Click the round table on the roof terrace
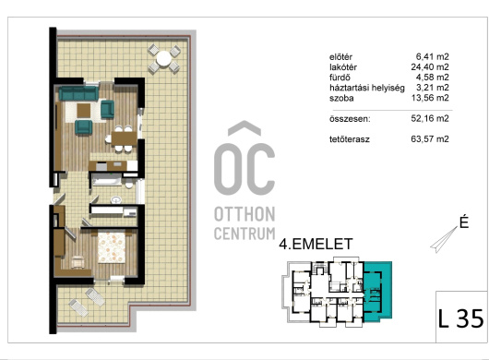click(x=163, y=58)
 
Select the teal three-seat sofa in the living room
click(x=78, y=93)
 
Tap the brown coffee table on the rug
click(x=84, y=111)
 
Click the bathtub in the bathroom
click(x=107, y=180)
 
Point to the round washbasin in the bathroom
click(x=116, y=199)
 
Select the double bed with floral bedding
click(x=112, y=247)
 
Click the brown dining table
click(x=125, y=138)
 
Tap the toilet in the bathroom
click(x=129, y=184)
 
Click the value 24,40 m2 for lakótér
click(x=430, y=66)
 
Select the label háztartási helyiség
click(x=367, y=88)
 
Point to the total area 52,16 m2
click(x=430, y=118)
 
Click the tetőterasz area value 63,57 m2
click(x=430, y=138)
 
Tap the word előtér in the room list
click(x=340, y=57)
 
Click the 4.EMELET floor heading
click(x=316, y=244)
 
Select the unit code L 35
click(x=460, y=318)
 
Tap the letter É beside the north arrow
click(x=464, y=222)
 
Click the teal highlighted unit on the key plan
click(x=377, y=292)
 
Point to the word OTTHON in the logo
click(x=244, y=214)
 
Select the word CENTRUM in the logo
click(x=244, y=234)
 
